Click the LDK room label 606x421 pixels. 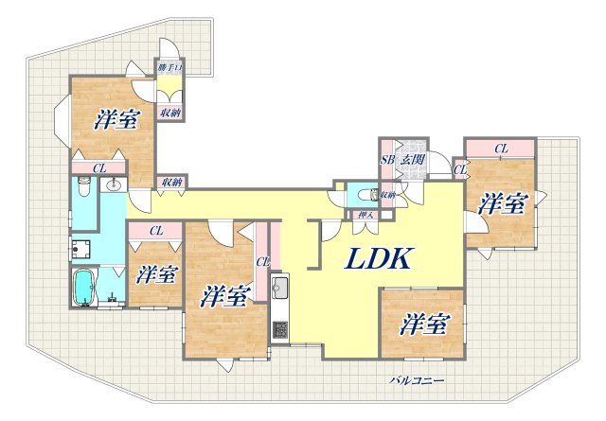(377, 258)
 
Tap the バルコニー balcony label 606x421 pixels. (417, 381)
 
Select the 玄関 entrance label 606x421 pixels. (413, 159)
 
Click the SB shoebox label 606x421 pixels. (387, 160)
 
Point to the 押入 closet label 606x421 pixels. (365, 215)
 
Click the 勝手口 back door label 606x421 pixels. (170, 68)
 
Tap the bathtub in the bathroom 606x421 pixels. (84, 288)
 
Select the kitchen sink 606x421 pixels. (279, 286)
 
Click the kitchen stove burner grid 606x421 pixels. (280, 330)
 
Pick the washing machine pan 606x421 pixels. (80, 250)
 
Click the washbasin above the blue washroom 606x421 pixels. (114, 185)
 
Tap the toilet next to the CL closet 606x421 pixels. (83, 186)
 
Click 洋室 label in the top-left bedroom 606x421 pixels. (116, 119)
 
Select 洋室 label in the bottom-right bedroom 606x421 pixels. (425, 325)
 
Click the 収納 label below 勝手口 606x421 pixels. (170, 114)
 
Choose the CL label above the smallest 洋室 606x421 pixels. (156, 231)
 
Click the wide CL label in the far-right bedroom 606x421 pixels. (501, 149)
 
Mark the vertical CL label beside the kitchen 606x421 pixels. (263, 263)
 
